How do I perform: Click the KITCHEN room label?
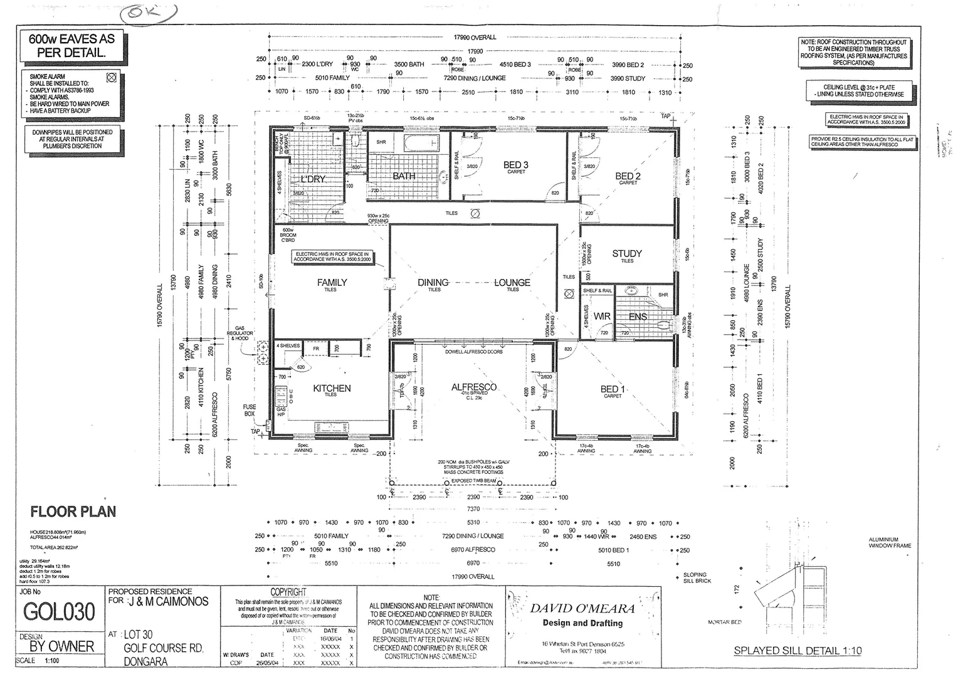(x=332, y=389)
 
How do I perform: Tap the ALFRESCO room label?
(x=473, y=387)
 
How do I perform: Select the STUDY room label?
(x=627, y=253)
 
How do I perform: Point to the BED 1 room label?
(x=613, y=389)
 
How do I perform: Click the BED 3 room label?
(x=515, y=165)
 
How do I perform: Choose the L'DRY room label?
(x=313, y=179)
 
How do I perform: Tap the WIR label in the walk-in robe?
(x=602, y=317)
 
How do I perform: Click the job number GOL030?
(x=59, y=611)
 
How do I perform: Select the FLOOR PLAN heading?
(x=73, y=512)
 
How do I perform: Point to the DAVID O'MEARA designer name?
(x=582, y=608)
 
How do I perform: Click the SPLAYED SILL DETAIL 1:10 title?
(x=797, y=651)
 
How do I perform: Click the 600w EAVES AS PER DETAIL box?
(x=71, y=46)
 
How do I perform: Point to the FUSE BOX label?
(x=250, y=411)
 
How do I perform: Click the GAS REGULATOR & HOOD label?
(x=244, y=333)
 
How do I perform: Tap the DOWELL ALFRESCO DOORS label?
(x=473, y=352)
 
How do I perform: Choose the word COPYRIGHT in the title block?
(x=288, y=592)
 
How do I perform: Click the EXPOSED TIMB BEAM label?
(x=473, y=481)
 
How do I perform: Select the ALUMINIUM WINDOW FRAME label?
(x=890, y=542)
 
